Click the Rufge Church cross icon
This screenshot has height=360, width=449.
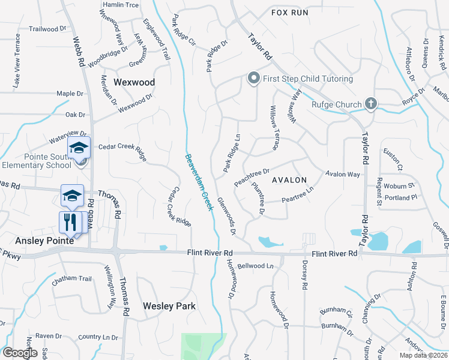(371, 104)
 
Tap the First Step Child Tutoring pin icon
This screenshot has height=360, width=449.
(253, 79)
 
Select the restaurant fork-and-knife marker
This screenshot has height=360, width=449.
(70, 221)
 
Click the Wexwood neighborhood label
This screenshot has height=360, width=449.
(134, 82)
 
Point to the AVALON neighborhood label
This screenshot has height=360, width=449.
(289, 180)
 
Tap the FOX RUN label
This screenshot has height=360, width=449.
(289, 12)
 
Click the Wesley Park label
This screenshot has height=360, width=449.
(169, 306)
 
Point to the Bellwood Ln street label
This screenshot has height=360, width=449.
(255, 265)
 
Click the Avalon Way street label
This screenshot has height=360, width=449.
(343, 174)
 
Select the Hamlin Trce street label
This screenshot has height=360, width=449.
(121, 4)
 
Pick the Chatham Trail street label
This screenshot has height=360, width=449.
(71, 279)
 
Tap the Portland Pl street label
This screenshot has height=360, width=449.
(401, 197)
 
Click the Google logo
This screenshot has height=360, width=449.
(20, 353)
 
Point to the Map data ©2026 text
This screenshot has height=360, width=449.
(423, 355)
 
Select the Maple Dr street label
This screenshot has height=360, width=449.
(70, 94)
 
